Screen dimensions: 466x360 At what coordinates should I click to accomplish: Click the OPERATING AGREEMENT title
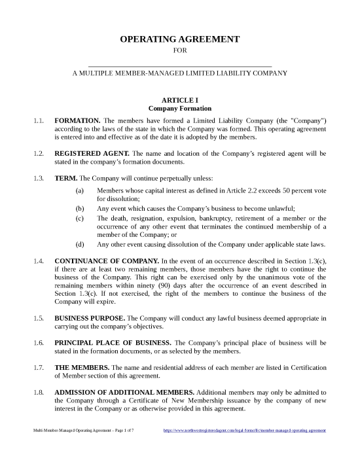(179, 40)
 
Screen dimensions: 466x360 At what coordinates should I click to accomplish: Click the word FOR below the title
(179, 51)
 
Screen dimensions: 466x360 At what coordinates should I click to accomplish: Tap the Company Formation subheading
(179, 108)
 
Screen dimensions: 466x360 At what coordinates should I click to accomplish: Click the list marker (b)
(80, 207)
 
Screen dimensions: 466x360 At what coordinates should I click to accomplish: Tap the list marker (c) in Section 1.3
(80, 218)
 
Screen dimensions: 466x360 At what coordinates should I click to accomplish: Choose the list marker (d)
(80, 245)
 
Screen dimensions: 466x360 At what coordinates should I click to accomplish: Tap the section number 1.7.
(39, 367)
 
